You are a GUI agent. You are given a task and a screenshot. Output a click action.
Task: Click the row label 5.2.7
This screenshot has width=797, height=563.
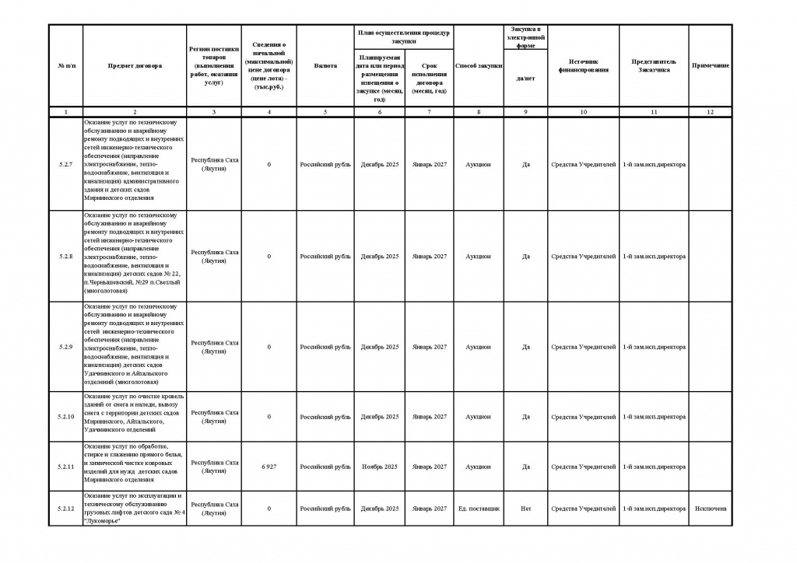click(x=65, y=165)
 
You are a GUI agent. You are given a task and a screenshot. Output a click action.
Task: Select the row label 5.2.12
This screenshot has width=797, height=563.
click(x=65, y=509)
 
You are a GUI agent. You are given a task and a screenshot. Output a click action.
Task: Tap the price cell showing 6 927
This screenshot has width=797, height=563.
click(x=269, y=467)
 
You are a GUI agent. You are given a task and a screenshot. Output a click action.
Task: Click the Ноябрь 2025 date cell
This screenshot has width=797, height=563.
click(x=379, y=467)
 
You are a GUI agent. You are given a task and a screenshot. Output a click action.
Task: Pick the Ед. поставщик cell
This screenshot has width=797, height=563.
click(x=478, y=509)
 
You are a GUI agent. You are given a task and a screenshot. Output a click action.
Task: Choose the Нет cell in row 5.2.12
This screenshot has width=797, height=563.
click(x=525, y=509)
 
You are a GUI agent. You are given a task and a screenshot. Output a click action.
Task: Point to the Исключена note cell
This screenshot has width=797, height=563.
click(x=710, y=509)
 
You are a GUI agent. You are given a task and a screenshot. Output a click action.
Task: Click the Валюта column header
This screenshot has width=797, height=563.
click(x=325, y=66)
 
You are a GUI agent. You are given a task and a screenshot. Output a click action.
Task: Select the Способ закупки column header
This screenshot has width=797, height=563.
click(x=478, y=66)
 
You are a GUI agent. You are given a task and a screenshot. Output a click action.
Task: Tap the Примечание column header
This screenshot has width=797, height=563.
click(x=710, y=66)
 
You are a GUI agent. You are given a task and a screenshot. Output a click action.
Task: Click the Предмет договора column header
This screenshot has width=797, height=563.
click(x=135, y=66)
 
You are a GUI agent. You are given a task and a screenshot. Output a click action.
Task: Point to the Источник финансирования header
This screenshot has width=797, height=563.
click(x=583, y=66)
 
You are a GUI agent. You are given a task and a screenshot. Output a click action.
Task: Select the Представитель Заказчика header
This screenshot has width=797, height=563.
click(x=654, y=66)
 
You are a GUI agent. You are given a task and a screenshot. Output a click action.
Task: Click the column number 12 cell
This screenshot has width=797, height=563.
click(x=710, y=113)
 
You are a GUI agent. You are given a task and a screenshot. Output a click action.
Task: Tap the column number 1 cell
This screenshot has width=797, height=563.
click(x=65, y=113)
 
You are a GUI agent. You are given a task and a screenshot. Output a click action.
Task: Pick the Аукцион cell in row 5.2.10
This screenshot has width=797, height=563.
click(x=478, y=417)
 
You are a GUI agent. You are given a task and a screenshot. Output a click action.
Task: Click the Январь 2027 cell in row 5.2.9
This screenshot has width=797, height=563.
click(x=429, y=347)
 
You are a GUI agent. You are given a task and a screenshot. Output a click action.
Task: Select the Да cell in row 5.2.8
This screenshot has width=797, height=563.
click(x=525, y=256)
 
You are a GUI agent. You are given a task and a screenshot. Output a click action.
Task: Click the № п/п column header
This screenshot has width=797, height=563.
click(x=65, y=66)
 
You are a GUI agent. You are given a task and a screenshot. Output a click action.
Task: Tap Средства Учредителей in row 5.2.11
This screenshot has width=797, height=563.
click(x=583, y=467)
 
